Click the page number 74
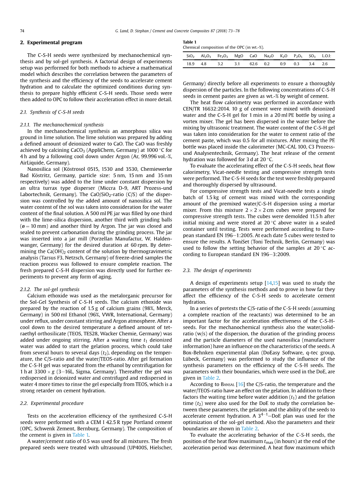tap(22, 30)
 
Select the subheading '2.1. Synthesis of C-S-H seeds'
tap(52, 112)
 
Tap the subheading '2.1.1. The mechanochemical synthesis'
tap(62, 125)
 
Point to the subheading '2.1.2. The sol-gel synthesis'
tap(49, 289)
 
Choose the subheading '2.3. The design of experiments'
tap(217, 270)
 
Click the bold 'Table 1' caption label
tap(190, 42)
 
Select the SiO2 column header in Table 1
tap(190, 56)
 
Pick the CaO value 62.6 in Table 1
tap(253, 64)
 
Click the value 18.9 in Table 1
tap(190, 64)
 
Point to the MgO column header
tap(239, 56)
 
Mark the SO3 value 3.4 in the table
tap(311, 64)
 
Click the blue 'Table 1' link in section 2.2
tap(81, 435)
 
